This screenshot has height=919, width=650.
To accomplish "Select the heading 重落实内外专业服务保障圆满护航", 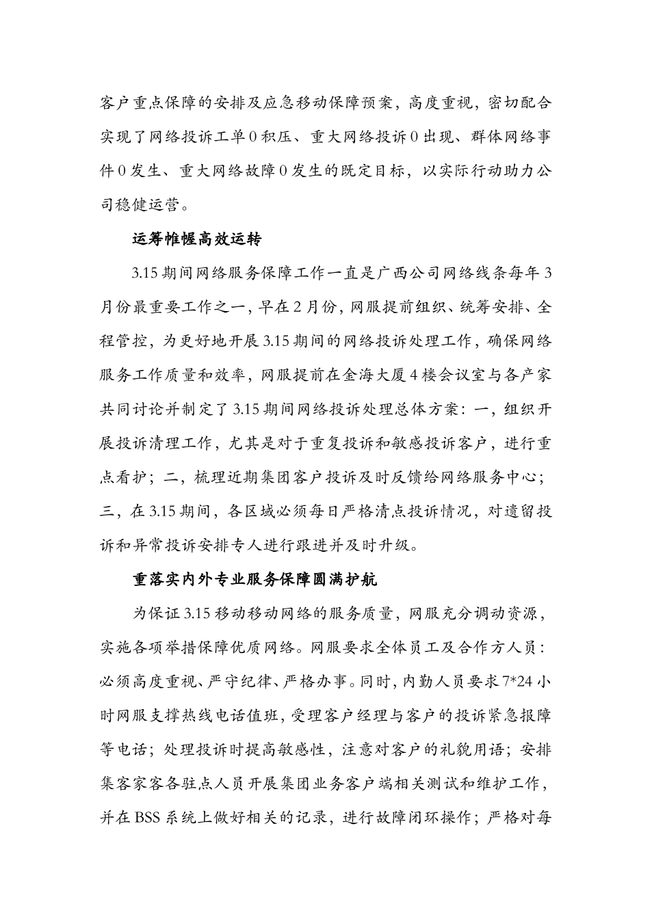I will pyautogui.click(x=255, y=580).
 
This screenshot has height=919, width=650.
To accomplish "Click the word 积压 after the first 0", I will pyautogui.click(x=276, y=137).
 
